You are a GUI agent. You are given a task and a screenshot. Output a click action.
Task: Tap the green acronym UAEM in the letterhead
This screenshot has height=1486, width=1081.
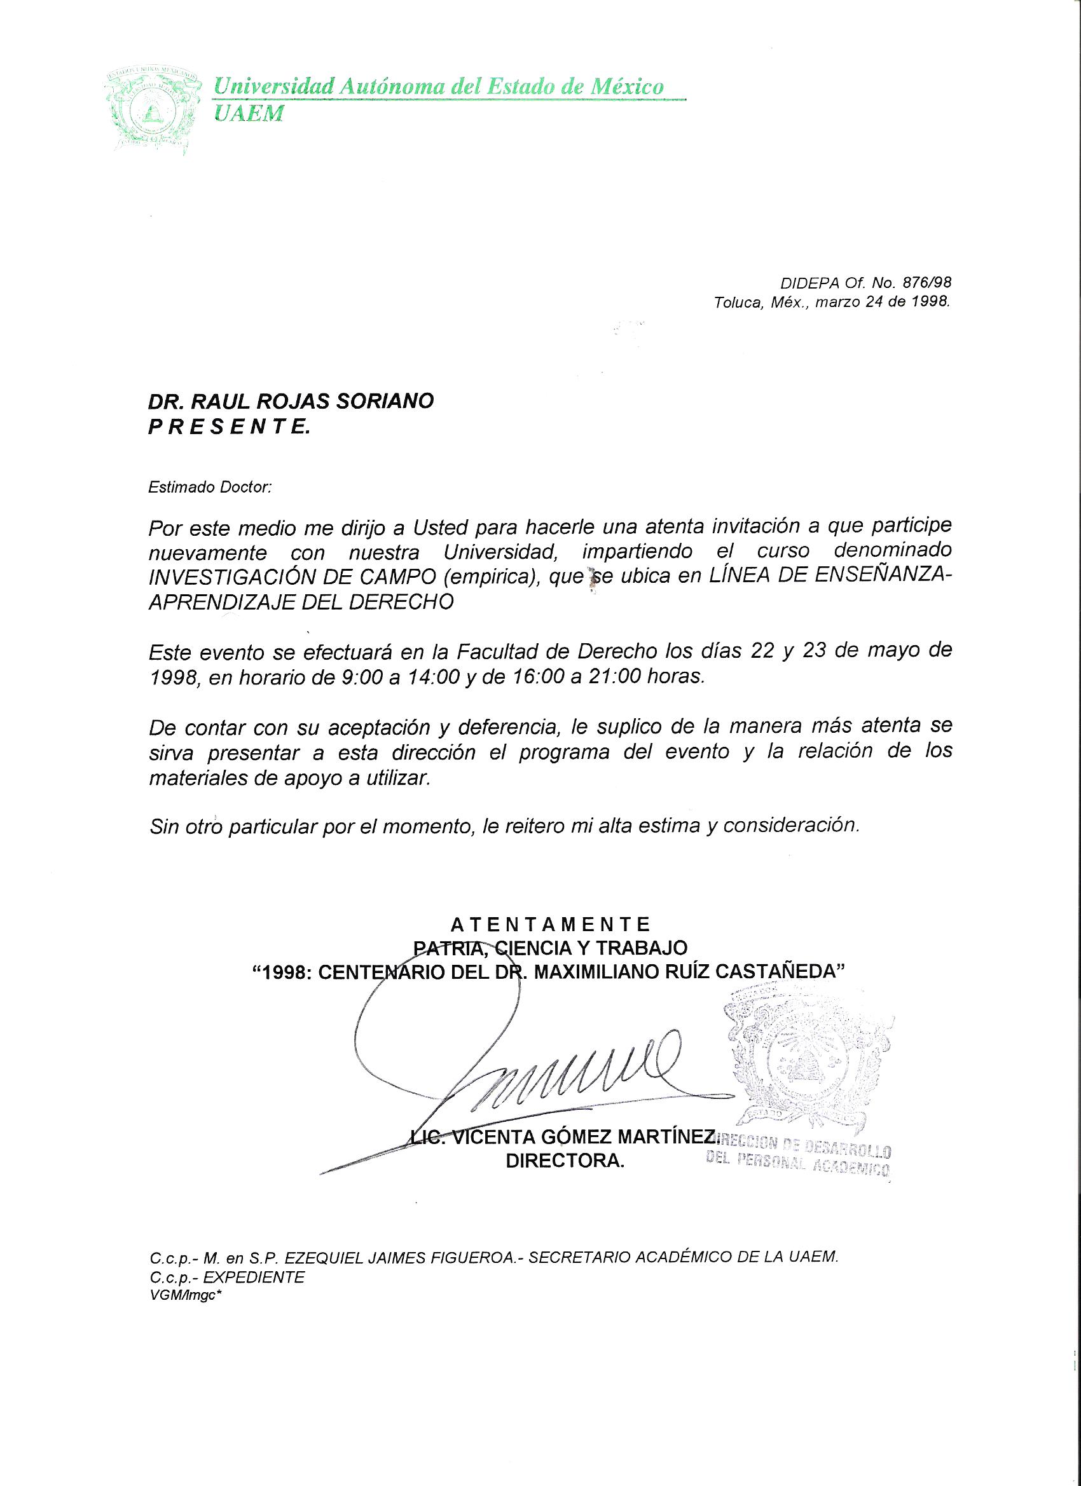(250, 114)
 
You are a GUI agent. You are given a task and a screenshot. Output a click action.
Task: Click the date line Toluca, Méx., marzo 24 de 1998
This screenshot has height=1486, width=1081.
(832, 303)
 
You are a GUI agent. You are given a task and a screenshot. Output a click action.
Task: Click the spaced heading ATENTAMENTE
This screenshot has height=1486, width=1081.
(551, 925)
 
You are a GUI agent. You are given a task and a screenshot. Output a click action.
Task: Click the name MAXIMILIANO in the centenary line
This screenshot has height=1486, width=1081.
(597, 972)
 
